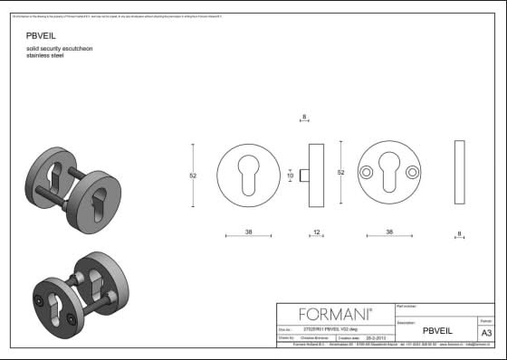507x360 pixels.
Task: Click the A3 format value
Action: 486,333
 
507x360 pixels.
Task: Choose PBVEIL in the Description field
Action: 437,331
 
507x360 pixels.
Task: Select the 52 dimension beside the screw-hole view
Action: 341,172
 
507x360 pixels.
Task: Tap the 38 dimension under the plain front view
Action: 248,232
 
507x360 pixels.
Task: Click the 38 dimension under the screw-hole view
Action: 389,232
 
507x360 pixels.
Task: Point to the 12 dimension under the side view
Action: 316,232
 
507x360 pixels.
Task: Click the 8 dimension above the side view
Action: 303,117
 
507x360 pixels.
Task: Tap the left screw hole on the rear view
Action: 366,172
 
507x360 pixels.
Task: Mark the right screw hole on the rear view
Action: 414,172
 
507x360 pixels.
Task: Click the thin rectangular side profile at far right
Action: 460,172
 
